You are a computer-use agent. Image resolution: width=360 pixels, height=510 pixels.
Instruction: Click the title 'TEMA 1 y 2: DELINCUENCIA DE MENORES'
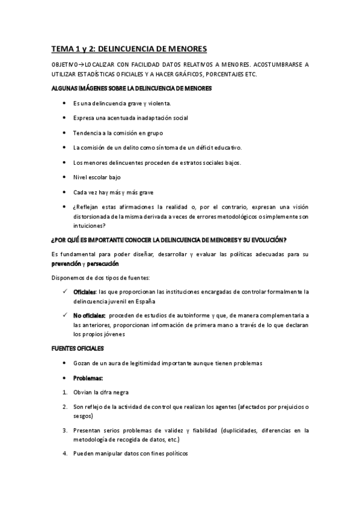click(x=129, y=49)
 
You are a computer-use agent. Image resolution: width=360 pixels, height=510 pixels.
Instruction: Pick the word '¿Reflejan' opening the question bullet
click(x=87, y=207)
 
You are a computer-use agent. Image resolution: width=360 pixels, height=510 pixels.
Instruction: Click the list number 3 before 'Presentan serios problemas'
click(x=65, y=431)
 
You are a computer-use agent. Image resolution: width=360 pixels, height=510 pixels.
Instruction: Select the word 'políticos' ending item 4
click(x=174, y=454)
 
